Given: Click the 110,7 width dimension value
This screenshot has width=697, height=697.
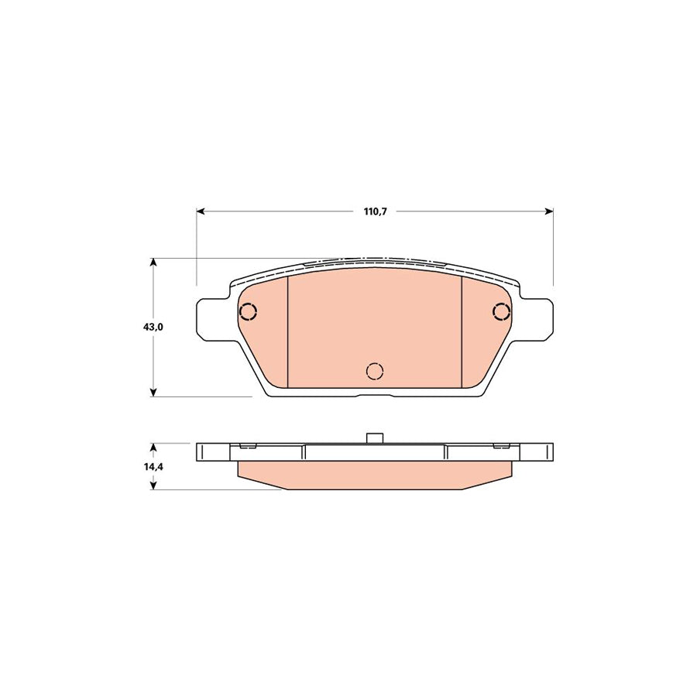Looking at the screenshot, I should [374, 211].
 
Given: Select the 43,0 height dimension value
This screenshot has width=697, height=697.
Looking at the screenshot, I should [153, 327].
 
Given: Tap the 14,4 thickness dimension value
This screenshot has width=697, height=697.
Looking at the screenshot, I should [153, 467].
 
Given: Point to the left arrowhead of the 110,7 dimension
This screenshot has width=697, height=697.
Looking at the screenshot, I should [201, 211].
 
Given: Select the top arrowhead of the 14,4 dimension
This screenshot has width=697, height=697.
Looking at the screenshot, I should [153, 448].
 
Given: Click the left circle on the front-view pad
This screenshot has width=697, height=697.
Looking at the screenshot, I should [248, 312].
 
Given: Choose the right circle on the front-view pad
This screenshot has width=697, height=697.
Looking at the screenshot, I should [502, 312].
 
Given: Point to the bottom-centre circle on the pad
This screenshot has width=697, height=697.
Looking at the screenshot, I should [375, 371].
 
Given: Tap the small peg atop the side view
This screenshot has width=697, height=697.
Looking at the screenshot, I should [375, 438].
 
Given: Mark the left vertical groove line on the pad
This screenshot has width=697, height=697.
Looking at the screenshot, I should [288, 331].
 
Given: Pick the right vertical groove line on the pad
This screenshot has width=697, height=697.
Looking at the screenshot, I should [462, 331].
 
